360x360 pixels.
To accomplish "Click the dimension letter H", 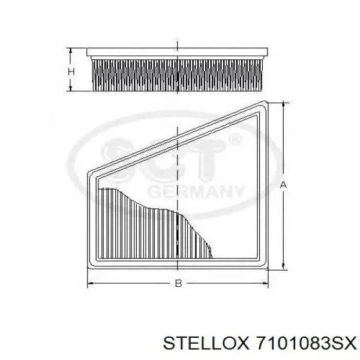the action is click(x=71, y=71).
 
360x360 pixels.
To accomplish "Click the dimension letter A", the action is click(x=283, y=184).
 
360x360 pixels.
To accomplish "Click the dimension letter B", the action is click(x=178, y=283).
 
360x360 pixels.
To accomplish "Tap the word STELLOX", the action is click(x=206, y=344).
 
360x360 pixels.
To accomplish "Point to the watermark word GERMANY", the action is click(x=196, y=191).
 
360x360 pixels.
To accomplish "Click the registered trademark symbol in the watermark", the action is click(x=235, y=140).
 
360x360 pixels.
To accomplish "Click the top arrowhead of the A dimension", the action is click(x=284, y=104).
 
